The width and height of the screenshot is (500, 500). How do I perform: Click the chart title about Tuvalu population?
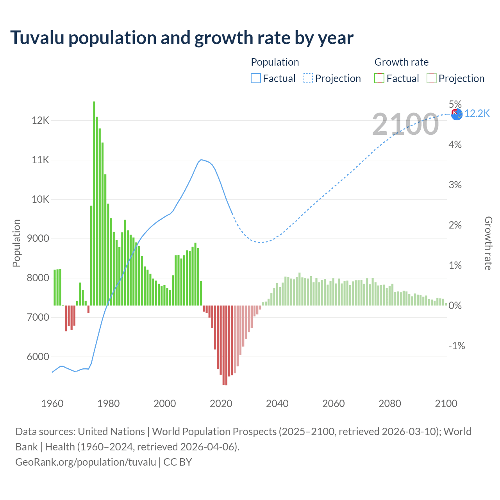pyautogui.click(x=182, y=38)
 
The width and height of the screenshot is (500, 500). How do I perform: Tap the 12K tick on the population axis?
pyautogui.click(x=41, y=120)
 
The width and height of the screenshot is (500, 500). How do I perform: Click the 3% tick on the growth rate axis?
pyautogui.click(x=455, y=185)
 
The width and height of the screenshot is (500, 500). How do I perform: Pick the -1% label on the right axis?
pyautogui.click(x=457, y=346)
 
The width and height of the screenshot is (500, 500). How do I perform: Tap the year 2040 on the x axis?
pyautogui.click(x=277, y=404)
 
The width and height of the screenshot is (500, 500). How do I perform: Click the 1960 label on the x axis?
pyautogui.click(x=52, y=404)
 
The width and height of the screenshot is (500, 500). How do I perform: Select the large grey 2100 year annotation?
pyautogui.click(x=405, y=124)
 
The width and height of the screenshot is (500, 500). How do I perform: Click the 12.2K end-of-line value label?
pyautogui.click(x=477, y=113)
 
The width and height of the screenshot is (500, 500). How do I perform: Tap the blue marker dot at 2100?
pyautogui.click(x=457, y=114)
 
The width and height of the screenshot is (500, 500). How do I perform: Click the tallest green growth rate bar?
pyautogui.click(x=94, y=203)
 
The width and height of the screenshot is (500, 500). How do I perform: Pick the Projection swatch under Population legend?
pyautogui.click(x=308, y=79)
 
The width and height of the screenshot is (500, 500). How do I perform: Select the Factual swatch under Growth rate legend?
pyautogui.click(x=379, y=79)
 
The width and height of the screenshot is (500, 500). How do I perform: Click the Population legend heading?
pyautogui.click(x=275, y=62)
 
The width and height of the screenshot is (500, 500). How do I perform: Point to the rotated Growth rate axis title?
pyautogui.click(x=488, y=243)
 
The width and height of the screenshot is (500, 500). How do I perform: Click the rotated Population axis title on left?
pyautogui.click(x=16, y=243)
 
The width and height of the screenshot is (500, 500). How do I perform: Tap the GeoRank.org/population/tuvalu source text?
pyautogui.click(x=86, y=462)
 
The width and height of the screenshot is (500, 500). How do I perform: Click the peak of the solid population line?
pyautogui.click(x=201, y=159)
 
